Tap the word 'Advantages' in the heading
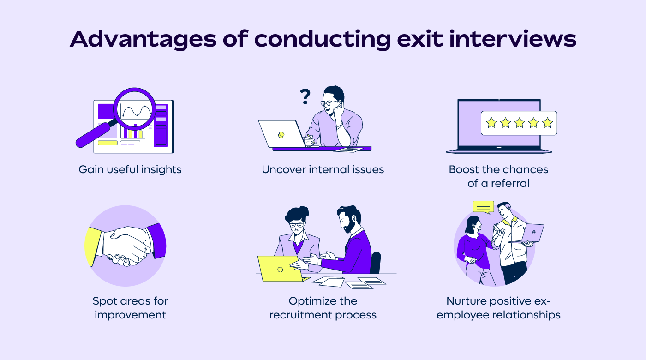[143, 40]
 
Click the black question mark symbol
[305, 96]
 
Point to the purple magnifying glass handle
[94, 134]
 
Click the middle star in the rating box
[519, 123]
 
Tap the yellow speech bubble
[484, 207]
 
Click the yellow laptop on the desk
[281, 269]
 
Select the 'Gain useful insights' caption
[130, 170]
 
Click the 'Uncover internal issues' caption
[323, 169]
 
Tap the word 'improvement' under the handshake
[130, 315]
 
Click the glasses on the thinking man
[329, 103]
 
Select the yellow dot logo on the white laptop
[281, 135]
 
